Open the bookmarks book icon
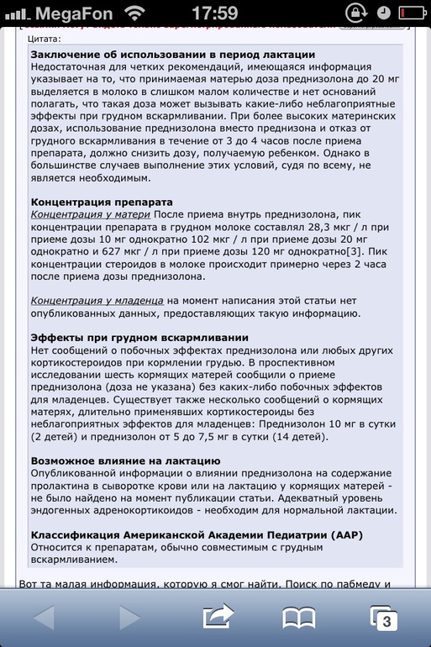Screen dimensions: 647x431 click(x=298, y=618)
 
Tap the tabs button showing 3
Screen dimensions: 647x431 click(x=383, y=618)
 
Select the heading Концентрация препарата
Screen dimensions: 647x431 click(x=102, y=203)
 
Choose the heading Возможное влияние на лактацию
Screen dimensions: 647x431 click(x=125, y=460)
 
